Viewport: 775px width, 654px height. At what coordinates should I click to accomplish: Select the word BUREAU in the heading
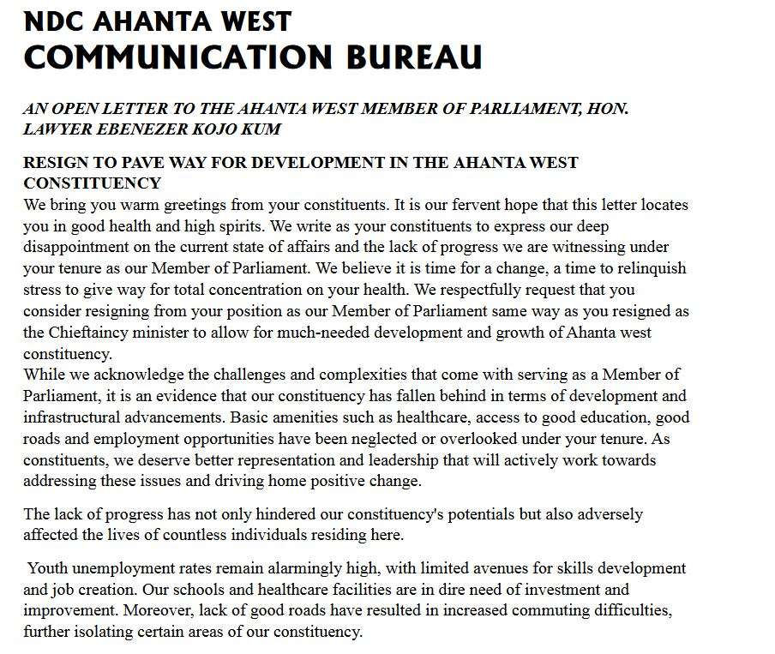pyautogui.click(x=413, y=57)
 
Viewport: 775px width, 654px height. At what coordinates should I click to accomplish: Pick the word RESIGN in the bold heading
pyautogui.click(x=53, y=163)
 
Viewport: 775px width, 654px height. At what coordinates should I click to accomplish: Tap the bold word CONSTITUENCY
pyautogui.click(x=92, y=183)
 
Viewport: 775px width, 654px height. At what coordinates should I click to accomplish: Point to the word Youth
pyautogui.click(x=47, y=568)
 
